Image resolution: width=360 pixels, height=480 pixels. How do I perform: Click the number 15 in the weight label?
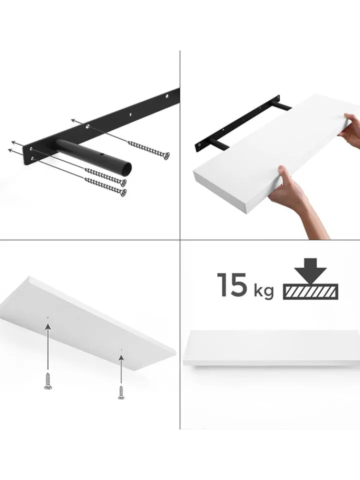(x=232, y=285)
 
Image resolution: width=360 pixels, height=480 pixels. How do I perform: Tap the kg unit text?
(x=263, y=291)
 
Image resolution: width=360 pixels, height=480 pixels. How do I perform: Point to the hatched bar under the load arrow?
(x=310, y=291)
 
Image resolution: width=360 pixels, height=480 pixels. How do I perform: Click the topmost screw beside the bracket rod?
(x=148, y=150)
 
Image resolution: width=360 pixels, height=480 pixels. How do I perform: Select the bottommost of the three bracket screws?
(x=105, y=186)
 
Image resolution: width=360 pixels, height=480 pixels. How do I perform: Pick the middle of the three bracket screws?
(x=105, y=177)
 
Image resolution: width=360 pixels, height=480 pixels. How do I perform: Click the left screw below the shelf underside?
(x=48, y=381)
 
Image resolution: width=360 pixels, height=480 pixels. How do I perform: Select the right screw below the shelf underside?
(x=121, y=393)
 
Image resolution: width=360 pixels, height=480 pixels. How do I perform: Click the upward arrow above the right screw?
(x=121, y=369)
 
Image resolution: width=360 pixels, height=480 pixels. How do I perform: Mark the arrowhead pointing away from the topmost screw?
(x=74, y=120)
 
